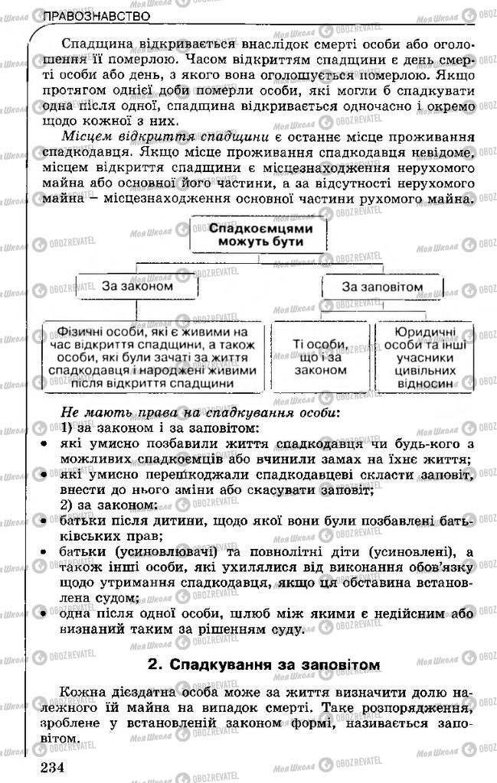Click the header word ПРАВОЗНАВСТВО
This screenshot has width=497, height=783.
click(x=96, y=16)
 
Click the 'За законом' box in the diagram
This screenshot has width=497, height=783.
click(x=137, y=287)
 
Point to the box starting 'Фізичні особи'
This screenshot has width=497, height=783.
click(x=153, y=357)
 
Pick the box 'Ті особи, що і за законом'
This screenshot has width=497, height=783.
click(x=320, y=357)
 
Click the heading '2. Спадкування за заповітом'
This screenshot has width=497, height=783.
click(x=264, y=664)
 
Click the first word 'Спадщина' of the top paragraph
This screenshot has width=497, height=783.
click(x=94, y=44)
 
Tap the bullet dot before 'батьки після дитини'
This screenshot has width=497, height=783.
click(x=44, y=521)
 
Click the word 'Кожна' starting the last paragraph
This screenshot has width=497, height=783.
click(x=80, y=690)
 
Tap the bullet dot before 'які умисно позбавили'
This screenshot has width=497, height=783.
click(x=44, y=443)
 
